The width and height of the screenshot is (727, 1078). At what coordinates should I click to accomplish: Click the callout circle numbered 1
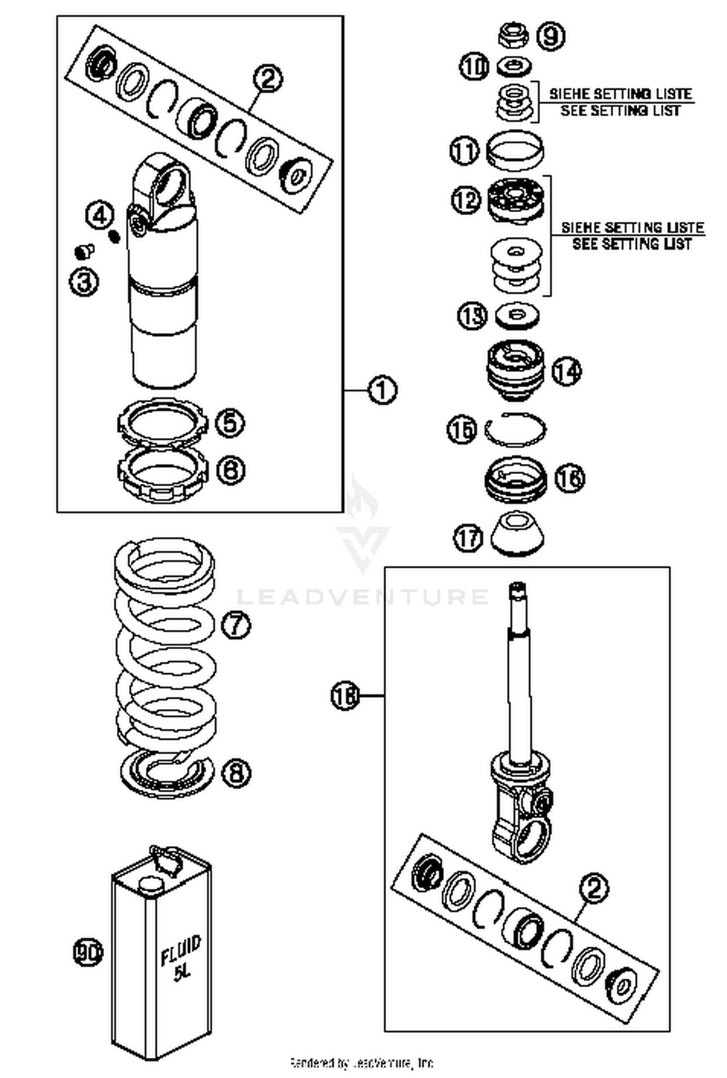382,390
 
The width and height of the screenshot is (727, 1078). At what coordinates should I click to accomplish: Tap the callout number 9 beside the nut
551,36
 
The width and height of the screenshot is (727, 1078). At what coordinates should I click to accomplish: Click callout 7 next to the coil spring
236,625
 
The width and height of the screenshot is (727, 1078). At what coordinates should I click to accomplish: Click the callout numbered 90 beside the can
88,953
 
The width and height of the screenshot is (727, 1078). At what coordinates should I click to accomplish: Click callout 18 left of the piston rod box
345,696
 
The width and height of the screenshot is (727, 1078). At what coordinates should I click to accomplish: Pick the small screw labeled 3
84,251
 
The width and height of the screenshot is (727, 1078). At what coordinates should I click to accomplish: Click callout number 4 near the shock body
100,215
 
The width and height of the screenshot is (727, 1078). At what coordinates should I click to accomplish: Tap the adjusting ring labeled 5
163,421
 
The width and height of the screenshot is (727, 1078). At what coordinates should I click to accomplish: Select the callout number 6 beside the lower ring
230,470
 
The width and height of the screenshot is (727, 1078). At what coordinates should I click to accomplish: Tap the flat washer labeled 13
518,316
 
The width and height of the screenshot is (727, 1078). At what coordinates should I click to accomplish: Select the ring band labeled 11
514,151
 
